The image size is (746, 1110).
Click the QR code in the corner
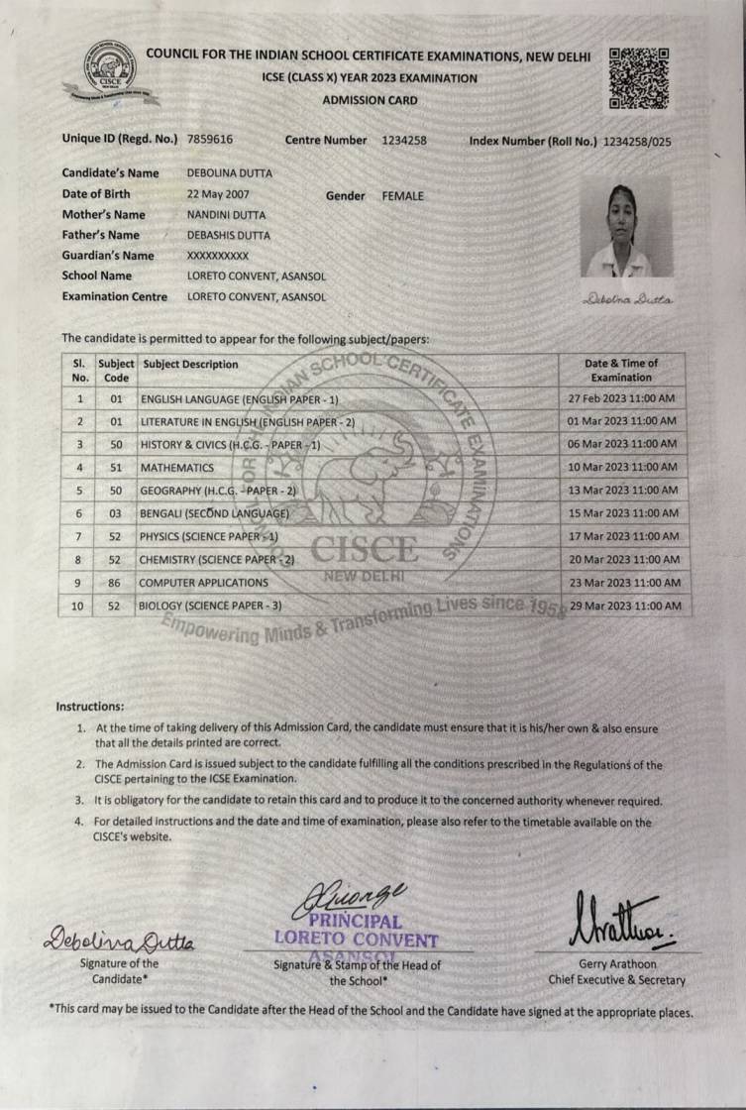click(638, 77)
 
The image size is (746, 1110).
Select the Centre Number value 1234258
click(404, 140)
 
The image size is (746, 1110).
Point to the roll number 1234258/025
click(637, 142)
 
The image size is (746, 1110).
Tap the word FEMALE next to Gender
click(402, 196)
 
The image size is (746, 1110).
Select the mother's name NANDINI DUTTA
click(226, 215)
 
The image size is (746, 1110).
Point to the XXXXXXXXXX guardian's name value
click(218, 256)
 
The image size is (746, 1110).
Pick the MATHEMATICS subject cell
click(177, 467)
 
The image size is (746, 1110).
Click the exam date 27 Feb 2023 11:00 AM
click(622, 398)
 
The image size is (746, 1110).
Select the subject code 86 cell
click(115, 584)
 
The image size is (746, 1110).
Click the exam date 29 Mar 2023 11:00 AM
click(625, 606)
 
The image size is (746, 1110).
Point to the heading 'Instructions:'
click(90, 707)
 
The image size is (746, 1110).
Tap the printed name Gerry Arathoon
click(617, 963)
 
